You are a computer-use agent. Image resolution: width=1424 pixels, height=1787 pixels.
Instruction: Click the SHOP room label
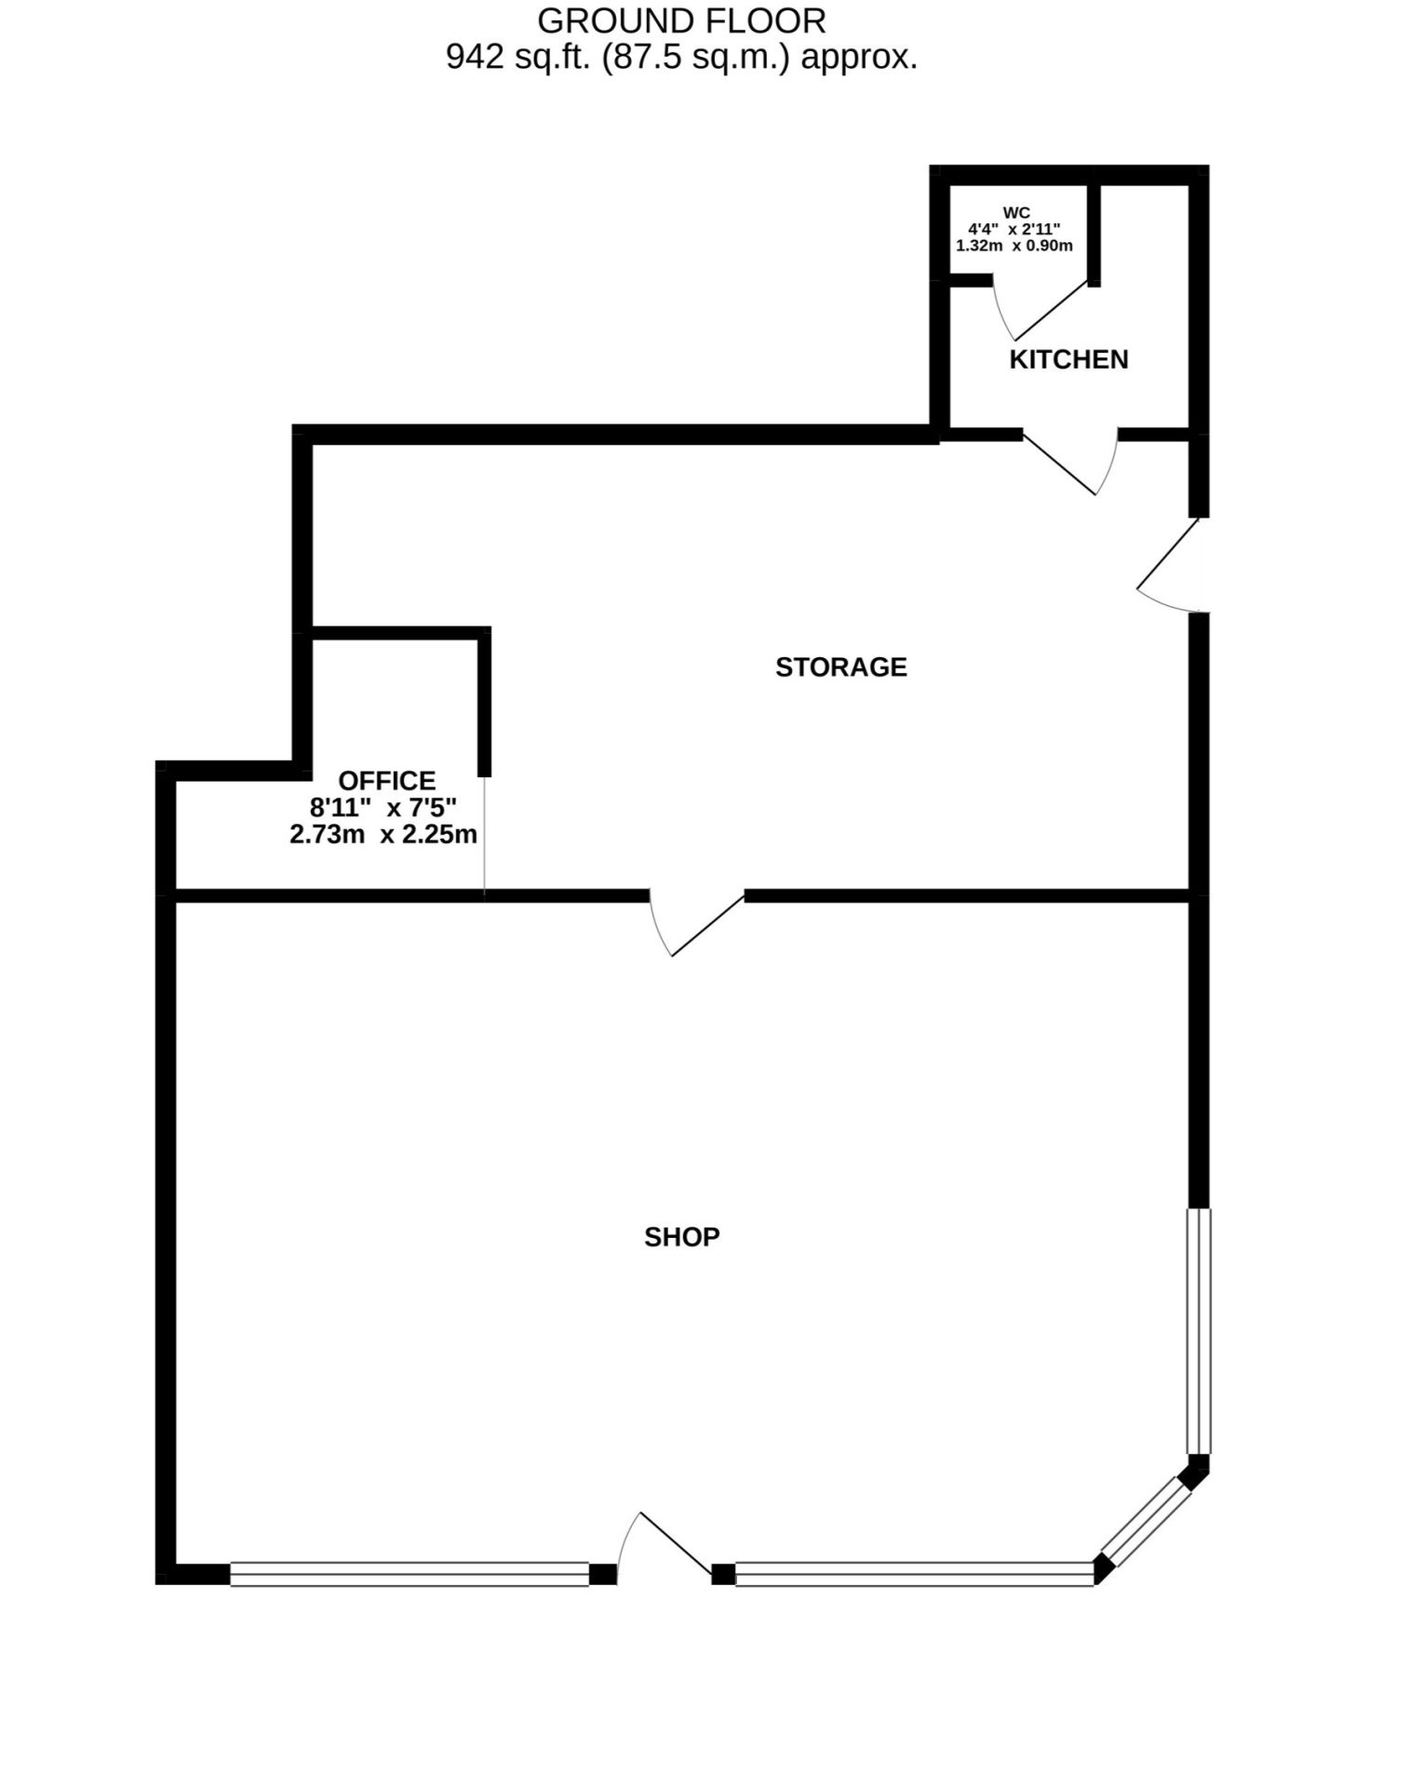pyautogui.click(x=682, y=1237)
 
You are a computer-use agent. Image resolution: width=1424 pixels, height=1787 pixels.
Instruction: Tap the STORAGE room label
pyautogui.click(x=841, y=667)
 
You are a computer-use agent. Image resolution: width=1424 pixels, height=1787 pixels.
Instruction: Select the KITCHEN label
pyautogui.click(x=1068, y=359)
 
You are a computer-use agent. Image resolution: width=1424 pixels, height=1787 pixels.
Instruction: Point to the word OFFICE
pyautogui.click(x=386, y=780)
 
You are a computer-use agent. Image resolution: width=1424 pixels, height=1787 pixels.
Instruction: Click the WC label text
pyautogui.click(x=1016, y=212)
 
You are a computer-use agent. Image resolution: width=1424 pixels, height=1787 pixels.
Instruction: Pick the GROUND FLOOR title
pyautogui.click(x=682, y=20)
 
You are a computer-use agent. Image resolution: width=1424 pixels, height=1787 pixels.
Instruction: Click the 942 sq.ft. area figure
pyautogui.click(x=520, y=58)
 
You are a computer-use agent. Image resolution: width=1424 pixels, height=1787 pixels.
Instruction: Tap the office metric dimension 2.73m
pyautogui.click(x=327, y=834)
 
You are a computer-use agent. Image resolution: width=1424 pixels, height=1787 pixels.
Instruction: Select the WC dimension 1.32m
pyautogui.click(x=979, y=246)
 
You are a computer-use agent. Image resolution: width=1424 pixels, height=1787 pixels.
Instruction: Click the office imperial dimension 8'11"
pyautogui.click(x=341, y=807)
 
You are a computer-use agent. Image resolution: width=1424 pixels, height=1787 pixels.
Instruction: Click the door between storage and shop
pyautogui.click(x=696, y=923)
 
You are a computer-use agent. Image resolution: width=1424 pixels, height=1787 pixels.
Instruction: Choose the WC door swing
pyautogui.click(x=1040, y=309)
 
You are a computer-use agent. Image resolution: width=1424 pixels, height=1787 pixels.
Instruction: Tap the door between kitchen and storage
pyautogui.click(x=1070, y=462)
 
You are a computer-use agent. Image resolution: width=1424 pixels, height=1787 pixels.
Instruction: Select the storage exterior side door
pyautogui.click(x=1169, y=565)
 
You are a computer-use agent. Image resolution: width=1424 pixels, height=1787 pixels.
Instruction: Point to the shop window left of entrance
pyautogui.click(x=410, y=1574)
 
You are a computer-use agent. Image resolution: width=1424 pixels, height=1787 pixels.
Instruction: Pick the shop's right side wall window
pyautogui.click(x=1199, y=1331)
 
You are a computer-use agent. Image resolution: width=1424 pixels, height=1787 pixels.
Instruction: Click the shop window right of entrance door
pyautogui.click(x=915, y=1574)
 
